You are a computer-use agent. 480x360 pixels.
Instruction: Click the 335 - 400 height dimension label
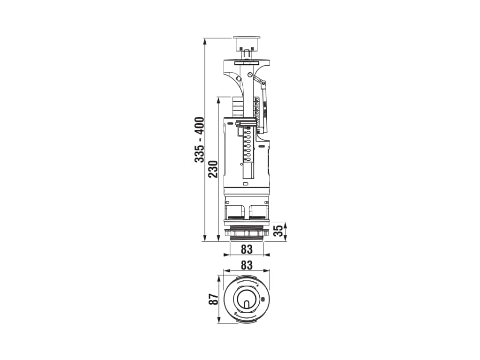[199, 140]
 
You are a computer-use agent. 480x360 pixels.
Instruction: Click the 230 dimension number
[212, 169]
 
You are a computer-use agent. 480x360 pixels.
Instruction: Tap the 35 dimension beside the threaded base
[277, 232]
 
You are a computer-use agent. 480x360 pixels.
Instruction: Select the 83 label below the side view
[247, 249]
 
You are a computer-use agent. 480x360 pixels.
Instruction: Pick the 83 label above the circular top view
[247, 265]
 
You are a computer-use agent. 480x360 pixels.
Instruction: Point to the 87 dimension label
[214, 299]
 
